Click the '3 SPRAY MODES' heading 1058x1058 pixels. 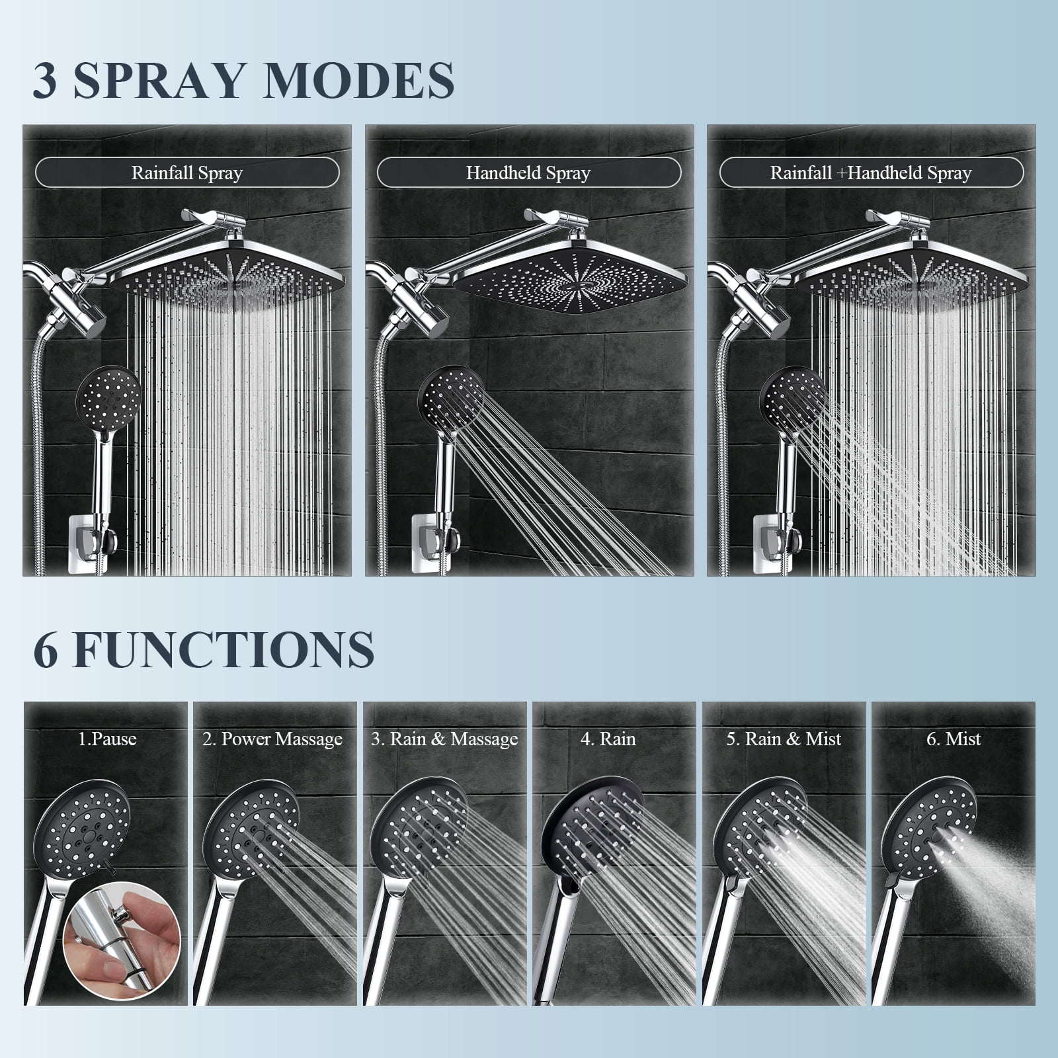click(243, 81)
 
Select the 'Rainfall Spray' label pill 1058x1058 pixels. click(187, 173)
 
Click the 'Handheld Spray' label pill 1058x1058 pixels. click(528, 173)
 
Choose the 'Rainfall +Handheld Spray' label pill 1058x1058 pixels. click(871, 173)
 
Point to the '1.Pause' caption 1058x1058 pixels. click(107, 739)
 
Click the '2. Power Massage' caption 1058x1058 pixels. click(272, 739)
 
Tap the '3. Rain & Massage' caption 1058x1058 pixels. click(444, 739)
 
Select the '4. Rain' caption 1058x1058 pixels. click(608, 739)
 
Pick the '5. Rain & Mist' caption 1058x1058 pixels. click(784, 739)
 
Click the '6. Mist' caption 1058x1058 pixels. click(954, 739)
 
